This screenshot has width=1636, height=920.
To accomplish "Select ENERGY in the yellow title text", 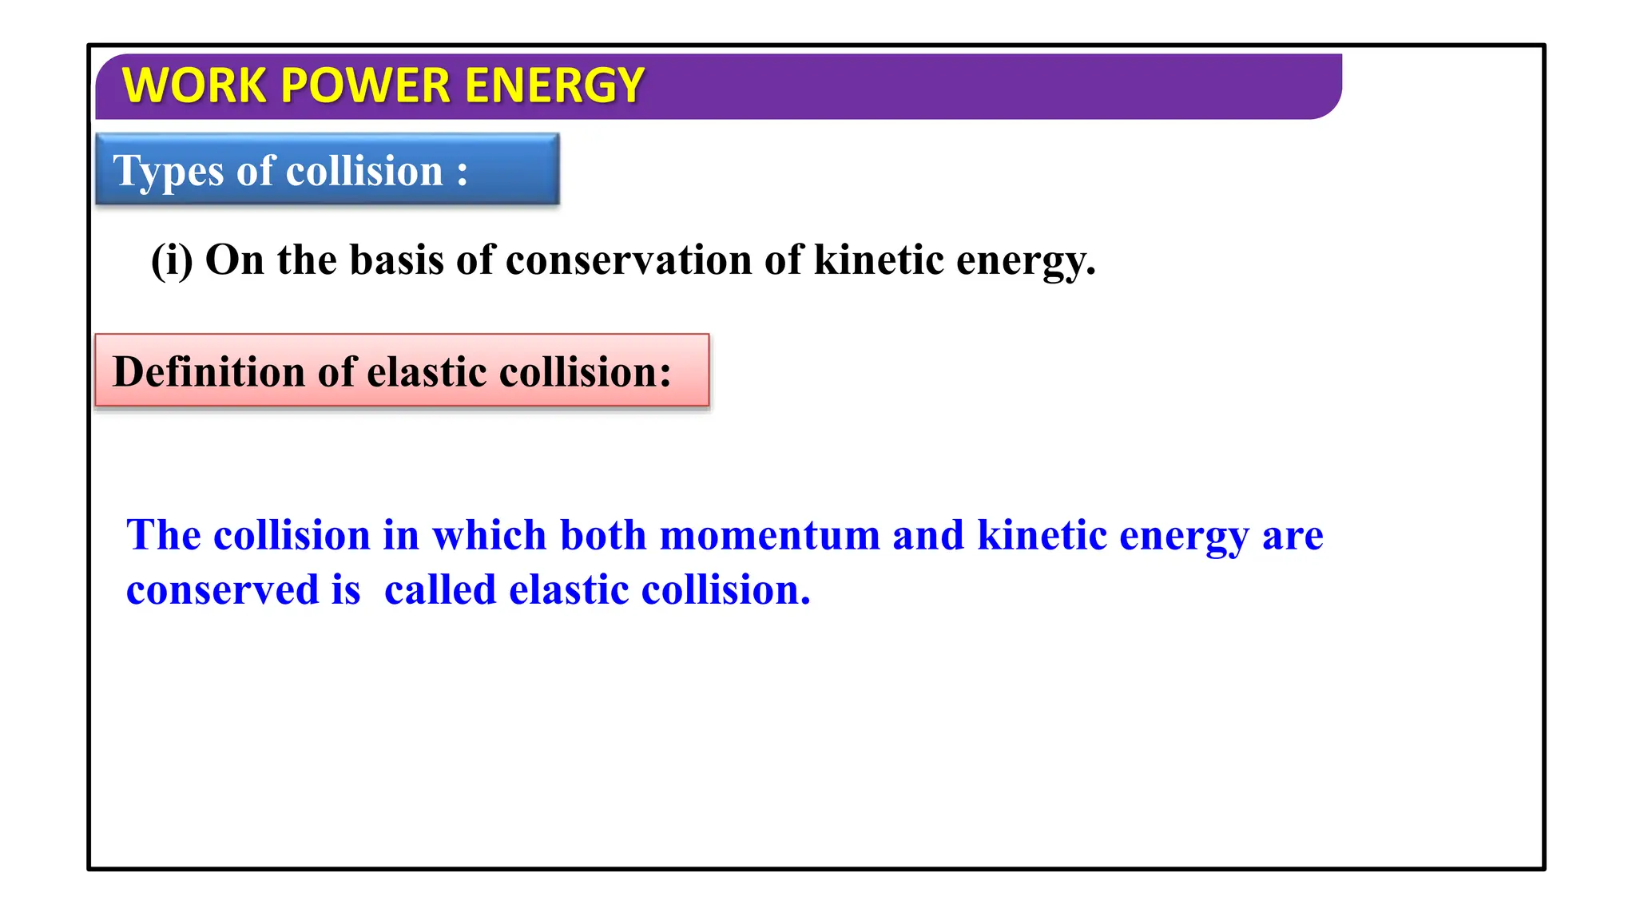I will point(554,85).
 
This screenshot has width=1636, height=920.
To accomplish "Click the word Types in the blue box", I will point(168,172).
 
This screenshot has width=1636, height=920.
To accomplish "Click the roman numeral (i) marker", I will point(172,260).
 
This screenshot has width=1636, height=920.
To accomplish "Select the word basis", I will point(396,260).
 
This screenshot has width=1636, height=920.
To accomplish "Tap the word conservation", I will point(629,260).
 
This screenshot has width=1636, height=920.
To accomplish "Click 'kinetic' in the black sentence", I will point(879,260).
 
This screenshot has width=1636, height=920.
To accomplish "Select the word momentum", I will point(770,535).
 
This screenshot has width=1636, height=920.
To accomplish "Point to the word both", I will point(602,535).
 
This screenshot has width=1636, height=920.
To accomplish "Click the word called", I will point(440,590).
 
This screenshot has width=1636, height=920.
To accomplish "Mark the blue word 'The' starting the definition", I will point(163,535).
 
